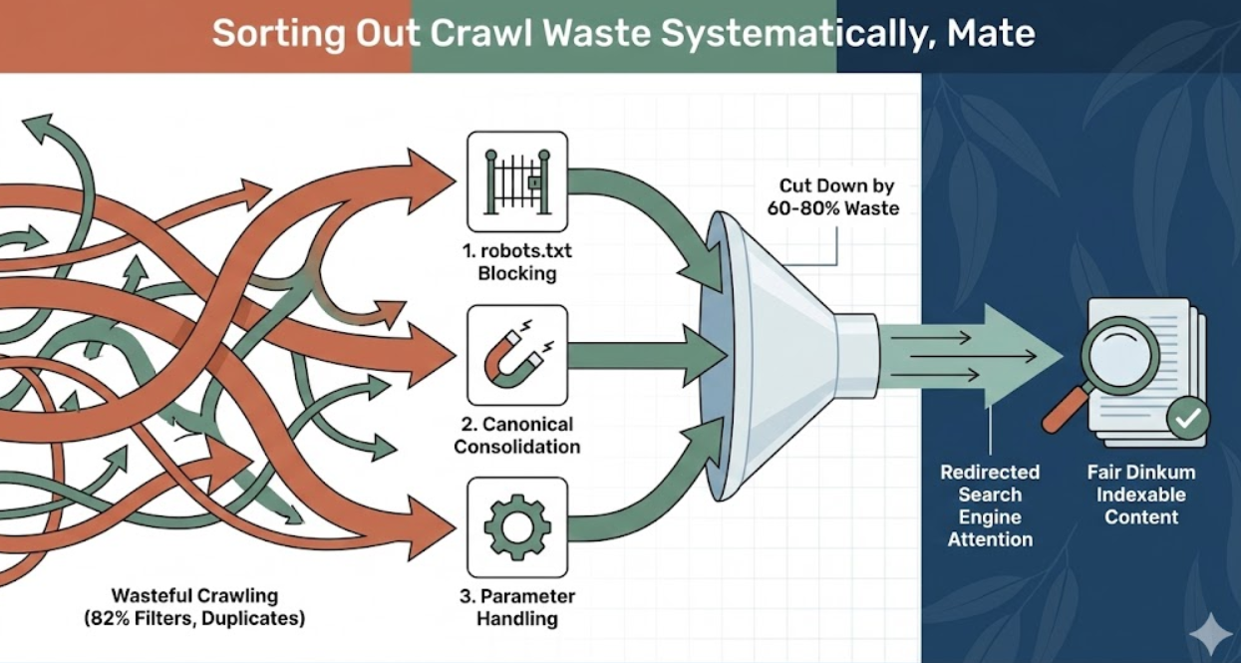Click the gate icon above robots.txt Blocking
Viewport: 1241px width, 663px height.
(516, 182)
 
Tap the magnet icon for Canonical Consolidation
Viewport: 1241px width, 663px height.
(516, 356)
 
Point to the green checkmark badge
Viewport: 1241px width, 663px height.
(1187, 419)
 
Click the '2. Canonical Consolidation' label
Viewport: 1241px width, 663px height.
(516, 435)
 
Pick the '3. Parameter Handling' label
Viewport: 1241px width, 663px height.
(517, 607)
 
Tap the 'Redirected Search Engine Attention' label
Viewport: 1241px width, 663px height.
(990, 505)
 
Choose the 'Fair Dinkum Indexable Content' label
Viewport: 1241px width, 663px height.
(1140, 495)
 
